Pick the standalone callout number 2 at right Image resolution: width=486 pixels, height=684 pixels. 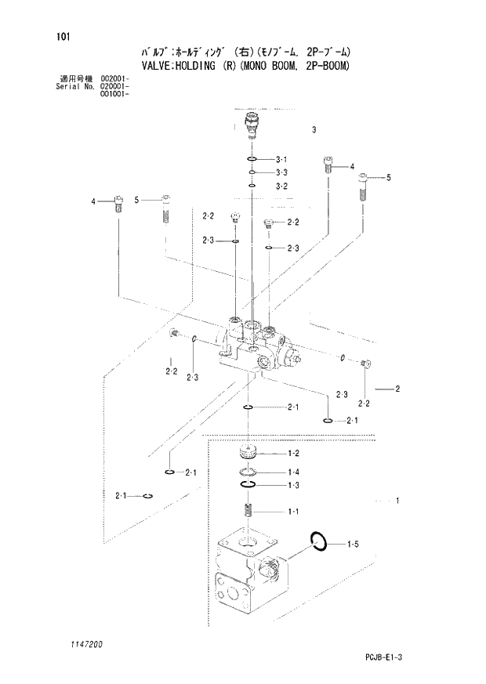click(x=398, y=389)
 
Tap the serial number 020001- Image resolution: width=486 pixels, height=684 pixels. click(x=114, y=86)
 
